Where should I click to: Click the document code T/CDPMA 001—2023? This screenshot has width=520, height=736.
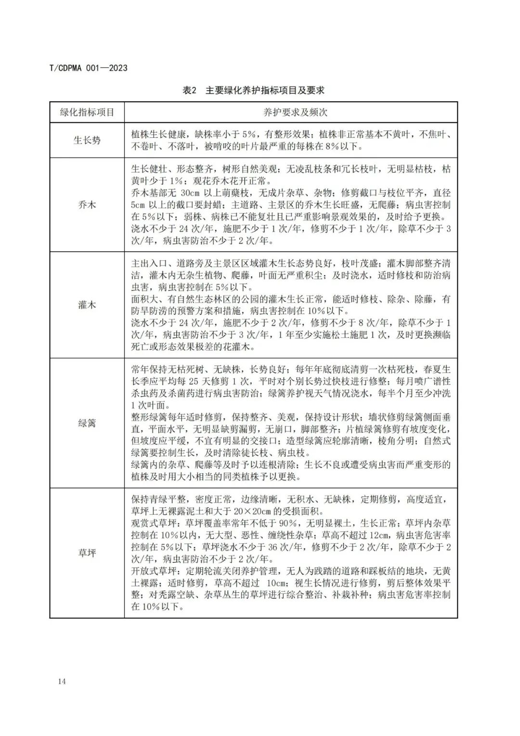coord(89,68)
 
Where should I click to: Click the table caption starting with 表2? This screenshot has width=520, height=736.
coord(254,90)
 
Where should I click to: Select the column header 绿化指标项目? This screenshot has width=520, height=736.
coord(87,112)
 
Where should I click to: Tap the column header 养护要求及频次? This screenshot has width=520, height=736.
coord(291,112)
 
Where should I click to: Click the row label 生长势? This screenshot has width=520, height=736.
coord(87,141)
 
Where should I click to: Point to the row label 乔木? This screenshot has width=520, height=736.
coord(87,205)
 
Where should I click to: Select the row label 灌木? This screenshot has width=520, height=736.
coord(87,305)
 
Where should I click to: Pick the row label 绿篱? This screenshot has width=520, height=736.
coord(87,423)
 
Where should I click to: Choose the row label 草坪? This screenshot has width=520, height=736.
coord(87,553)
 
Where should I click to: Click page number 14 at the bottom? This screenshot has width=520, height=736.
coord(61,681)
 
